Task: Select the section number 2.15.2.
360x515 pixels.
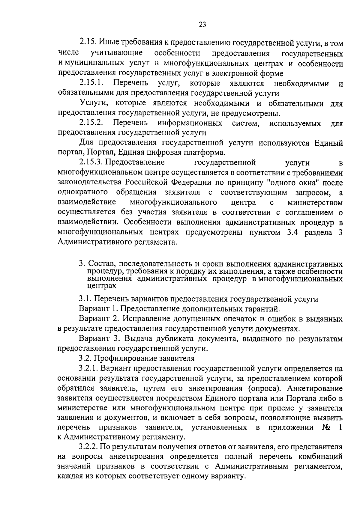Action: pos(91,123)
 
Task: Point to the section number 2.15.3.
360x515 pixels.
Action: pos(91,162)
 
